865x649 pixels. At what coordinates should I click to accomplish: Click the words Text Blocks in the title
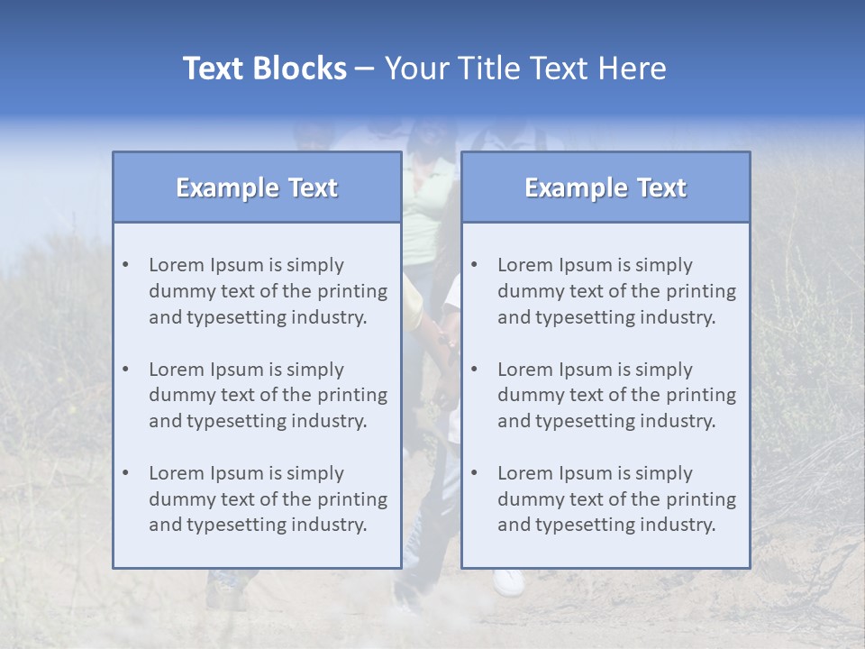pos(264,69)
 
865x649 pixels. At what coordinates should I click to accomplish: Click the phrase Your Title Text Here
pos(525,69)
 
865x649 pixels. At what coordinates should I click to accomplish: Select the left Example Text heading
pos(257,187)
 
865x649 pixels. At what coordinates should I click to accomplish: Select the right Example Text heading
pos(605,187)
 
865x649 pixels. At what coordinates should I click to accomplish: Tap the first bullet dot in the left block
pos(126,265)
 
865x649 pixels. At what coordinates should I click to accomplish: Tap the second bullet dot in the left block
pos(126,370)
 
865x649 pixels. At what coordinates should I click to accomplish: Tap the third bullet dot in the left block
pos(126,473)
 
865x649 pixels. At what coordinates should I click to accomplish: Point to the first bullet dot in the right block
pos(475,265)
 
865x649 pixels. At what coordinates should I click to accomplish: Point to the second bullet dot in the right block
pos(475,370)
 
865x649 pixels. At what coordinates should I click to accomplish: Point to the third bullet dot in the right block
pos(475,473)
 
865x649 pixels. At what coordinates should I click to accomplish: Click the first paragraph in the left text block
pos(268,291)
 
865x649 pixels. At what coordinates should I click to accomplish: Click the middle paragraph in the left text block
pos(268,395)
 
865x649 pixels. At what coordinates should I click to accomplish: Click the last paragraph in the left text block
pos(268,499)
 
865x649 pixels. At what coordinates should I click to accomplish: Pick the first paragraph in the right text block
pos(616,291)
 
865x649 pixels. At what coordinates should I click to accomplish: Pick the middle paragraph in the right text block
pos(616,395)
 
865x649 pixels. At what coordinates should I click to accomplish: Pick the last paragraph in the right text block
pos(616,499)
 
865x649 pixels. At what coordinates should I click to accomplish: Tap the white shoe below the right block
pos(509,581)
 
